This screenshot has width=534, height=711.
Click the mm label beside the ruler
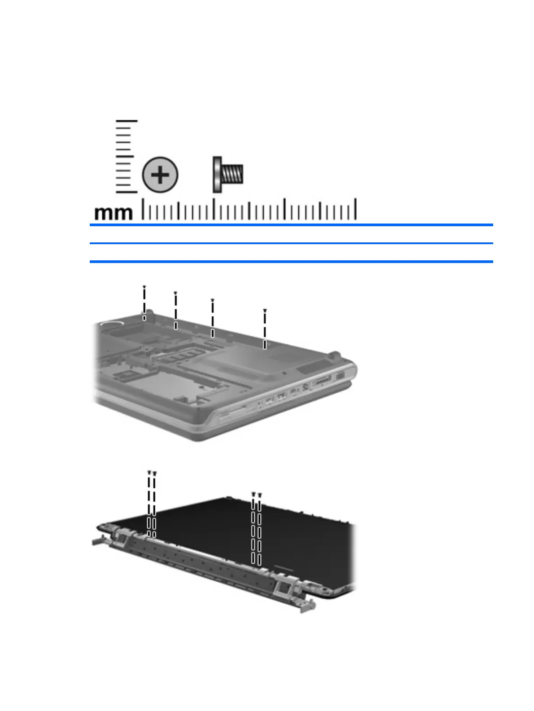[114, 213]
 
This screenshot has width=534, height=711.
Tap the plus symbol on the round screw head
[160, 175]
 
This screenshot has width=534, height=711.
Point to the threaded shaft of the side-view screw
[232, 174]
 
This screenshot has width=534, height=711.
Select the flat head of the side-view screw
[217, 175]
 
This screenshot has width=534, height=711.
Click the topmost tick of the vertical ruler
[127, 121]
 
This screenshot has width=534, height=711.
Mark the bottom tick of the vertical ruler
[127, 192]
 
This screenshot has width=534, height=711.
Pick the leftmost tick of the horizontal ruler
[143, 209]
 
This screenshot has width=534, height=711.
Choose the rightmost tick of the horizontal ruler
[355, 209]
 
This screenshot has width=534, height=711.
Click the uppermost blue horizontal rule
[291, 225]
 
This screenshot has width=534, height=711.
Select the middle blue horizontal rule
[291, 243]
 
